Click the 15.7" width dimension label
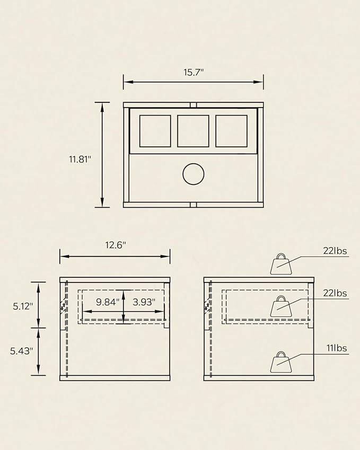[x=194, y=72]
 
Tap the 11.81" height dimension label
[x=80, y=159]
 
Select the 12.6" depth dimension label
[x=116, y=245]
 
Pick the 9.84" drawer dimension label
[x=108, y=302]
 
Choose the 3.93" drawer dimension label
[x=144, y=302]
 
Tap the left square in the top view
[x=155, y=131]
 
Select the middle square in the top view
[x=193, y=131]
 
